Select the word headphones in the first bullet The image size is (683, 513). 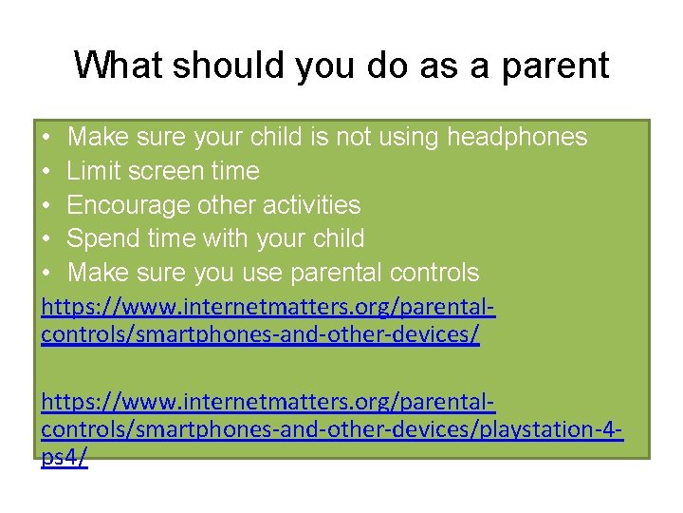coord(517,138)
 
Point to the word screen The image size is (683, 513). coord(168,172)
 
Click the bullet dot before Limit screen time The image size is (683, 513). coord(47,172)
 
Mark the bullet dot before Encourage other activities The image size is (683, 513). coord(47,206)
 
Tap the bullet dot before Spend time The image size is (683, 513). coord(47,239)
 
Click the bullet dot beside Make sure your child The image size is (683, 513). coord(47,139)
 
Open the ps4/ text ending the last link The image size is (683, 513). coord(65,457)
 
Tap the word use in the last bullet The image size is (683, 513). coord(263,274)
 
